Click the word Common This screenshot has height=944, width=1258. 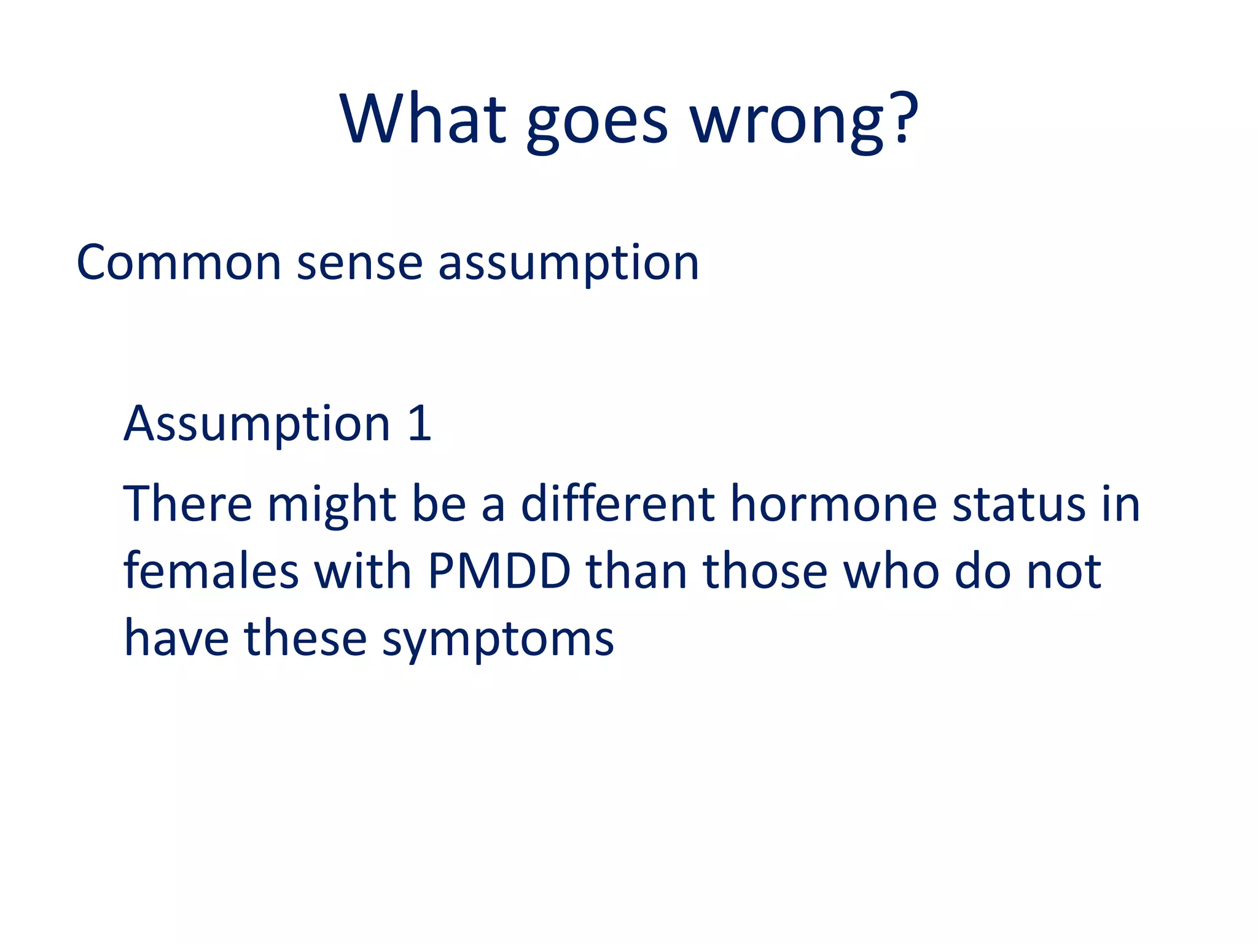(x=179, y=263)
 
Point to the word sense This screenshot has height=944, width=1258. (x=360, y=264)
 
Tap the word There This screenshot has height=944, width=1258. (x=188, y=504)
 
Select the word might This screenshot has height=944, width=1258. (x=332, y=507)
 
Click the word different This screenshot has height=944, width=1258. (x=618, y=504)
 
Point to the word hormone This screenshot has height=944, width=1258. (x=834, y=504)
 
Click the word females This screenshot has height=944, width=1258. (x=211, y=572)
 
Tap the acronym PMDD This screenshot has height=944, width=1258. (x=499, y=572)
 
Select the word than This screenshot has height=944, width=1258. (x=636, y=572)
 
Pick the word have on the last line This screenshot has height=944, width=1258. (x=177, y=639)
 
